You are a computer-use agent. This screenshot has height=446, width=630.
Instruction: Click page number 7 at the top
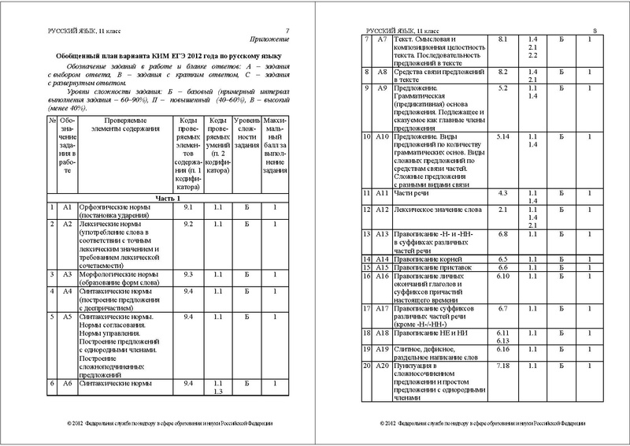pos(287,28)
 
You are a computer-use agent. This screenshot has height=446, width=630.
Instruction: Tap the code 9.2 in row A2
pos(188,225)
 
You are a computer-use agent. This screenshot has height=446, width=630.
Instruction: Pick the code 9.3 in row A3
pos(188,274)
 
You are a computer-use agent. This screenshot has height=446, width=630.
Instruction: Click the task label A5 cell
pos(67,317)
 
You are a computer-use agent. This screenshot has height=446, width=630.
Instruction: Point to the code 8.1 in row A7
pos(503,38)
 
